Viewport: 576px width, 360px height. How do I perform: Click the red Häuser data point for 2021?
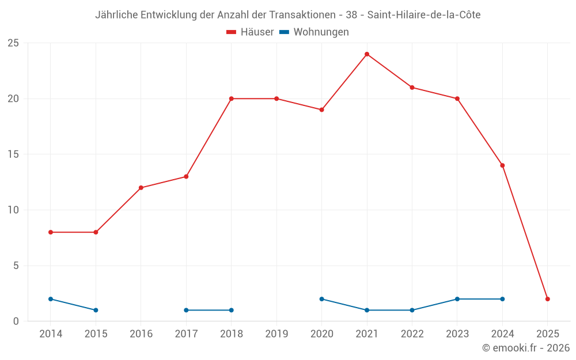pyautogui.click(x=367, y=54)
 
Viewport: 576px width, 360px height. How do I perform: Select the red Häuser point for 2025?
pyautogui.click(x=548, y=299)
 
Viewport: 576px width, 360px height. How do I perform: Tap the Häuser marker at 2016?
pyautogui.click(x=141, y=188)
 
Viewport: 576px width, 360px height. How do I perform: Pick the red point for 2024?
pyautogui.click(x=502, y=165)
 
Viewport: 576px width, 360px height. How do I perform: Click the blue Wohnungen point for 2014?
pyautogui.click(x=51, y=299)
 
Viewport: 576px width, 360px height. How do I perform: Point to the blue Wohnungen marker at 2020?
pyautogui.click(x=321, y=299)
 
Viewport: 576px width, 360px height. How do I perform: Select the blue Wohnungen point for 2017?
pyautogui.click(x=186, y=310)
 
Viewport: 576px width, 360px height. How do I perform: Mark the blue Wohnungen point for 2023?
pyautogui.click(x=457, y=299)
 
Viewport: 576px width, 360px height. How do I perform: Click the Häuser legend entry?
pyautogui.click(x=250, y=32)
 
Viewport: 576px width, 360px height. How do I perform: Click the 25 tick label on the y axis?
pyautogui.click(x=13, y=43)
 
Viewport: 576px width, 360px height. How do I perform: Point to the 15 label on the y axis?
pyautogui.click(x=13, y=154)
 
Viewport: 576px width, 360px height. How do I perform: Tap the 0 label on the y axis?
pyautogui.click(x=16, y=321)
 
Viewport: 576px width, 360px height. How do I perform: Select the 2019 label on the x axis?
pyautogui.click(x=276, y=334)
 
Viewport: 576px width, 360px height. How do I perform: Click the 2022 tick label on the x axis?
pyautogui.click(x=412, y=334)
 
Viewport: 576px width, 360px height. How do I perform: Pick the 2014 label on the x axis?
pyautogui.click(x=51, y=334)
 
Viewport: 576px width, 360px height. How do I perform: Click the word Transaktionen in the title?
pyautogui.click(x=299, y=15)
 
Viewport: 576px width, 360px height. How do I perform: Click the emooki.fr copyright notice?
pyautogui.click(x=525, y=348)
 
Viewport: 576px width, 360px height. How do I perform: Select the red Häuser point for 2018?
pyautogui.click(x=232, y=98)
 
